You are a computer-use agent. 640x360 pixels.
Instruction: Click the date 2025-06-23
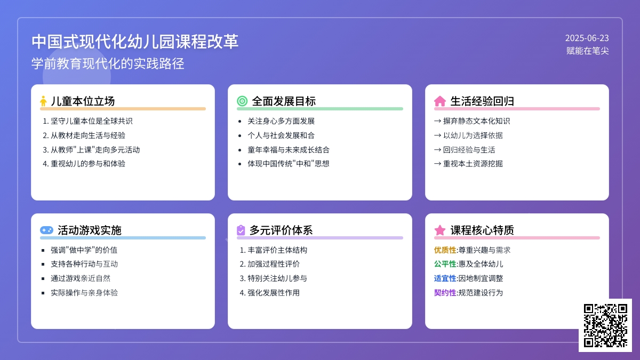587,38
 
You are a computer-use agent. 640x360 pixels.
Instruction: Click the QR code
605,325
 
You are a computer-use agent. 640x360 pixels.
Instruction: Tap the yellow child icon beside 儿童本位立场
43,101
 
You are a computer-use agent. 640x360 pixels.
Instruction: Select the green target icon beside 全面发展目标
242,101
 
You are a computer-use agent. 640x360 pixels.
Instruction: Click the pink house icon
439,101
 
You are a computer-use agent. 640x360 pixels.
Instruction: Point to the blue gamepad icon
46,230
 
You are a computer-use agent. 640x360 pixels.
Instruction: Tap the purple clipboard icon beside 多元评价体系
241,230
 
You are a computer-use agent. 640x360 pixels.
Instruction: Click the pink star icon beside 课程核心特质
439,230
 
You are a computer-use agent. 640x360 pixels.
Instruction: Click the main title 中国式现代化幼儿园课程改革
135,42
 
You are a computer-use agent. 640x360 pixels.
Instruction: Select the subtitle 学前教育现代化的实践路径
108,63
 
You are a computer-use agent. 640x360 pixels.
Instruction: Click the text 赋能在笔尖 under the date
587,51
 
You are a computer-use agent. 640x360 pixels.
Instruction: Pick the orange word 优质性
445,250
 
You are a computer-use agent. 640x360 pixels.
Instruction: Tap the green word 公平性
445,264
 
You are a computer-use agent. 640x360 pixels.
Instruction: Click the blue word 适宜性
445,278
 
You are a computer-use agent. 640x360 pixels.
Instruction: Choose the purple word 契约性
445,293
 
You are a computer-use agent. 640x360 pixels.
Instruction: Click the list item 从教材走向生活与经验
88,135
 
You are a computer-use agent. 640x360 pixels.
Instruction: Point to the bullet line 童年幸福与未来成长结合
289,150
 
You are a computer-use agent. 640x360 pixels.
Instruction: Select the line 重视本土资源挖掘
473,164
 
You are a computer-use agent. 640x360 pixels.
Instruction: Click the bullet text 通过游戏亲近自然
81,278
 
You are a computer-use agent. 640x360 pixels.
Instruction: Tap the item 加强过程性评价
274,264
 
